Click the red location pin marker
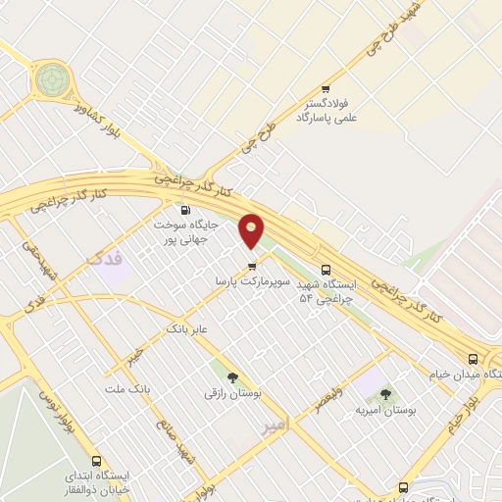[x=252, y=230]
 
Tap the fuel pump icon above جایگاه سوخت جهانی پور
[x=185, y=210]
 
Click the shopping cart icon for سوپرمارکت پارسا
[x=252, y=265]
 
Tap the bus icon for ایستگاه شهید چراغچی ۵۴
[x=326, y=271]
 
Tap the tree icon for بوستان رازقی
[x=232, y=376]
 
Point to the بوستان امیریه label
[x=385, y=412]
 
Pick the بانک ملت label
[x=134, y=388]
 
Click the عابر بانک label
[x=188, y=327]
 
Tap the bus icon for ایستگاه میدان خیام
[x=474, y=358]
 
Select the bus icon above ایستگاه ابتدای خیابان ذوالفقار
[x=96, y=460]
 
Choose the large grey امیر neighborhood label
[x=274, y=427]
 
